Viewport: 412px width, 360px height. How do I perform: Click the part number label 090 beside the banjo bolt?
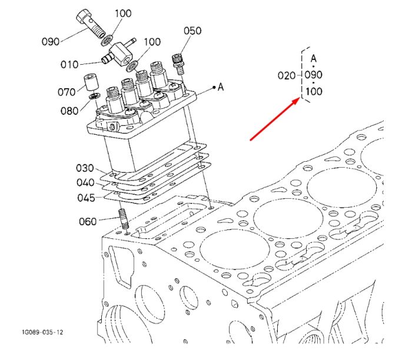(x=51, y=42)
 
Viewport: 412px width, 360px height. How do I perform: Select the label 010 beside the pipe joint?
(x=69, y=64)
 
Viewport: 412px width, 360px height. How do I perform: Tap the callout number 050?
(x=192, y=31)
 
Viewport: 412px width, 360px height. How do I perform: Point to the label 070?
(x=67, y=92)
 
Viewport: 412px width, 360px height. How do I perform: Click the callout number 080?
(x=69, y=111)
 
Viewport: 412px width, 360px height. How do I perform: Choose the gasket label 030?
(x=85, y=168)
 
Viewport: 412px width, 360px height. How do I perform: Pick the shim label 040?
(x=85, y=182)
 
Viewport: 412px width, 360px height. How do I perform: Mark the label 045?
(x=86, y=198)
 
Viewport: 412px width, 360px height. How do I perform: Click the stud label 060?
(x=88, y=221)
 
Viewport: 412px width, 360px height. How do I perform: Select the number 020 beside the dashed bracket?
(x=287, y=76)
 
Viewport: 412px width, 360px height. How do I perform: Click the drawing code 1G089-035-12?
(x=42, y=332)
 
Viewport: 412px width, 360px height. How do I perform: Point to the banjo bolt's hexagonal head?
(x=84, y=16)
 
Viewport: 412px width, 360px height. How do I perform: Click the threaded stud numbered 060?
(x=124, y=218)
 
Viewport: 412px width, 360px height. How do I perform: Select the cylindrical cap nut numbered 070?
(x=91, y=82)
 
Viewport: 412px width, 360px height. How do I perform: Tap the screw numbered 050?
(x=179, y=64)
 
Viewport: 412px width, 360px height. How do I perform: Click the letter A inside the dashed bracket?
(x=314, y=58)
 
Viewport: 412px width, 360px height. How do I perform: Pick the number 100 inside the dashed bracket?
(x=314, y=91)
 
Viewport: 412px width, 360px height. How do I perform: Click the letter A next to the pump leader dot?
(x=221, y=87)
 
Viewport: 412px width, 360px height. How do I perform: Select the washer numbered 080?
(x=94, y=96)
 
